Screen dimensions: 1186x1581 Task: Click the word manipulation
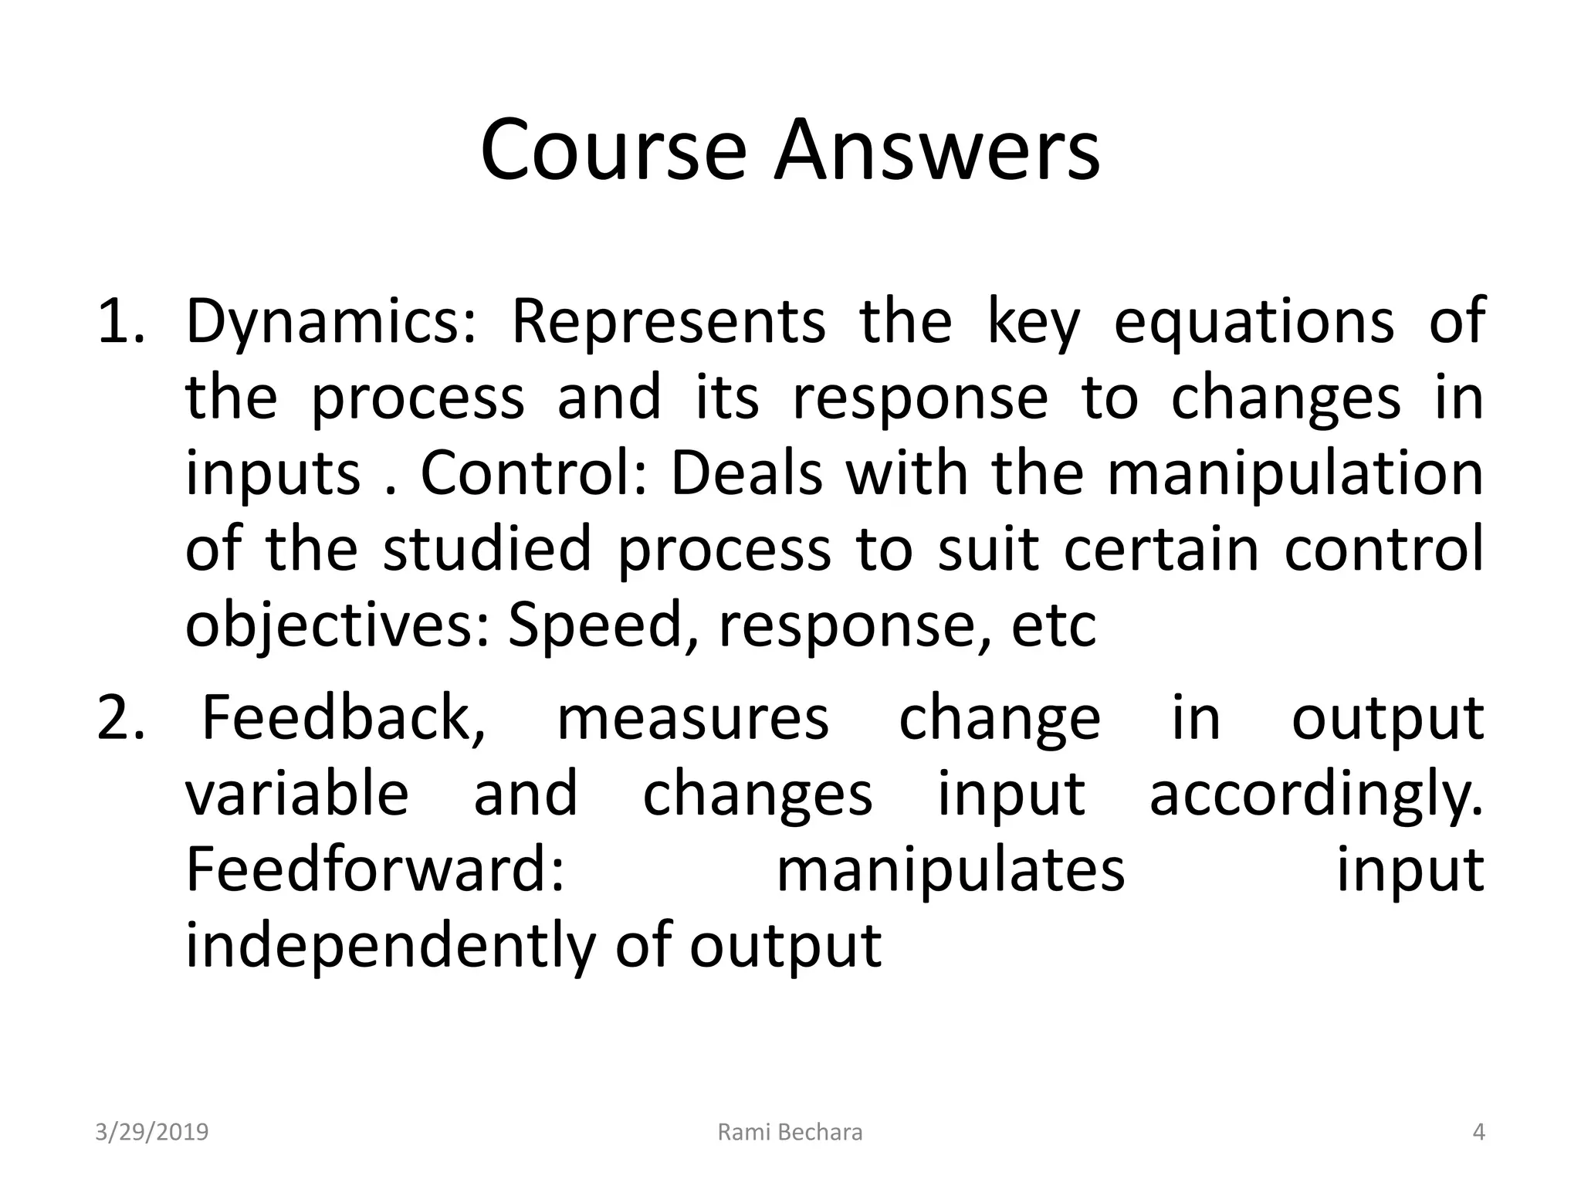(1295, 473)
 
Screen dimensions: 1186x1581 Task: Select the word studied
(487, 548)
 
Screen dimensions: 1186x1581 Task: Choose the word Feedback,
(344, 718)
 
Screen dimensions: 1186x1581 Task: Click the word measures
(692, 718)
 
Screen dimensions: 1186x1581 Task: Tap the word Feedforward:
(376, 870)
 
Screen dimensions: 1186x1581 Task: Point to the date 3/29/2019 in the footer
(152, 1132)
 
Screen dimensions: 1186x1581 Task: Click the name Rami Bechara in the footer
(790, 1132)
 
